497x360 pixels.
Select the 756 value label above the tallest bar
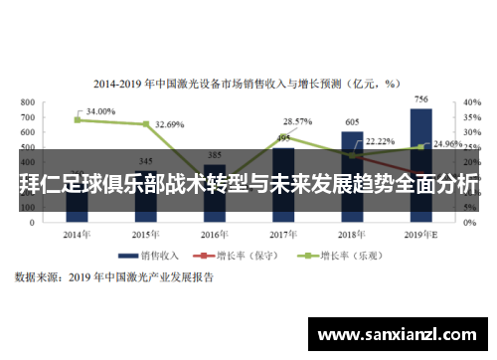point(421,99)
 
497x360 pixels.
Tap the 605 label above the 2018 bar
point(353,122)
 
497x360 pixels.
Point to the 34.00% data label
point(100,111)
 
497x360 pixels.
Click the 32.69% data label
point(170,125)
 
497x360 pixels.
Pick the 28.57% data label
point(298,120)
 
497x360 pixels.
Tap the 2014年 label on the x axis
point(78,235)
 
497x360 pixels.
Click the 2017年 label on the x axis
point(284,235)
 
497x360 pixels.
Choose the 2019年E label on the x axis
point(421,235)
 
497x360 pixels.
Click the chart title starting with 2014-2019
point(247,84)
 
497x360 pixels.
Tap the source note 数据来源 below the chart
point(113,278)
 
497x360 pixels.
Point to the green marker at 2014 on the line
point(78,119)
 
